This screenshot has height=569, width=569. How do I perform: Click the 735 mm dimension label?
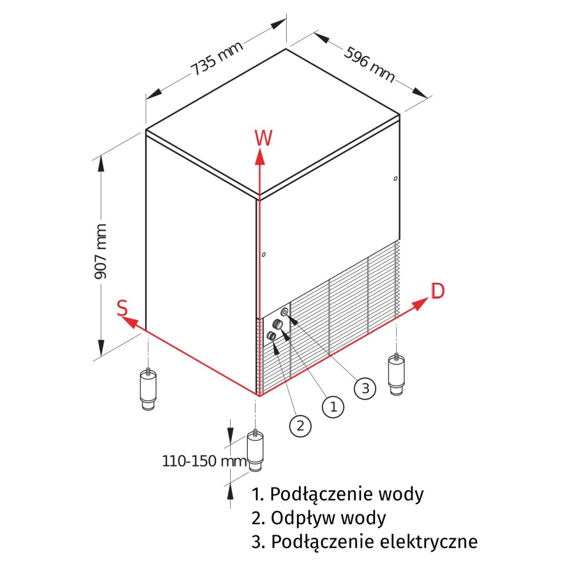pos(217,59)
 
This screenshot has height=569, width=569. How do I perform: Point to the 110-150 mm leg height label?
pos(204,461)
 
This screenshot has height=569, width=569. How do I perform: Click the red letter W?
pos(263,138)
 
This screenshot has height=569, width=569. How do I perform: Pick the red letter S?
pos(123,308)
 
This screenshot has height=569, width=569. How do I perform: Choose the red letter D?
pos(438,291)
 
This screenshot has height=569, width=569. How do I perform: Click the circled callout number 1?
pos(333,407)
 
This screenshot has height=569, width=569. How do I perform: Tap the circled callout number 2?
pos(300,426)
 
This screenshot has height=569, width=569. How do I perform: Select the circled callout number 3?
pos(365,388)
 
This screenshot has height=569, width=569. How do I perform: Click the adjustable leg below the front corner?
pos(255,451)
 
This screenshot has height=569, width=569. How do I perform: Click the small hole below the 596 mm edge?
pos(395,178)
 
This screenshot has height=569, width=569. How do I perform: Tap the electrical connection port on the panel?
pos(285,312)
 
